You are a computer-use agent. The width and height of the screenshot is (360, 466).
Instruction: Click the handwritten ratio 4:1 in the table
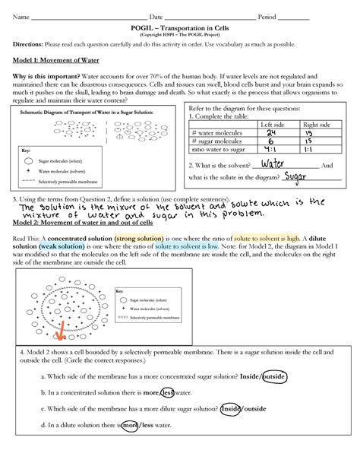(x=270, y=151)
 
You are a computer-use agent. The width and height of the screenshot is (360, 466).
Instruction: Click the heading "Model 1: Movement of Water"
(x=53, y=65)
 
